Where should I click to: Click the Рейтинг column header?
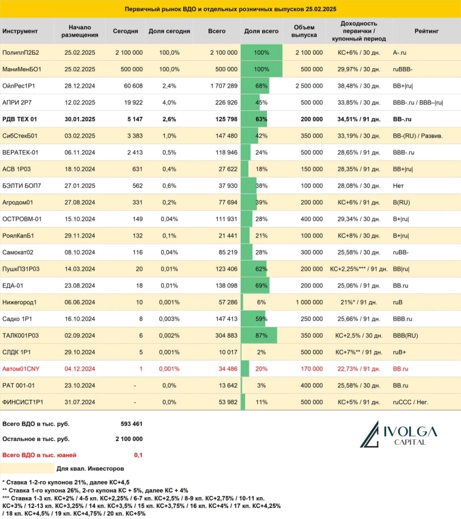coord(424,31)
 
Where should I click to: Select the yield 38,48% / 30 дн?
coord(358,85)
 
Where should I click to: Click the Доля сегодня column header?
coord(170,31)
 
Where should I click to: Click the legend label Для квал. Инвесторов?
coord(90,469)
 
